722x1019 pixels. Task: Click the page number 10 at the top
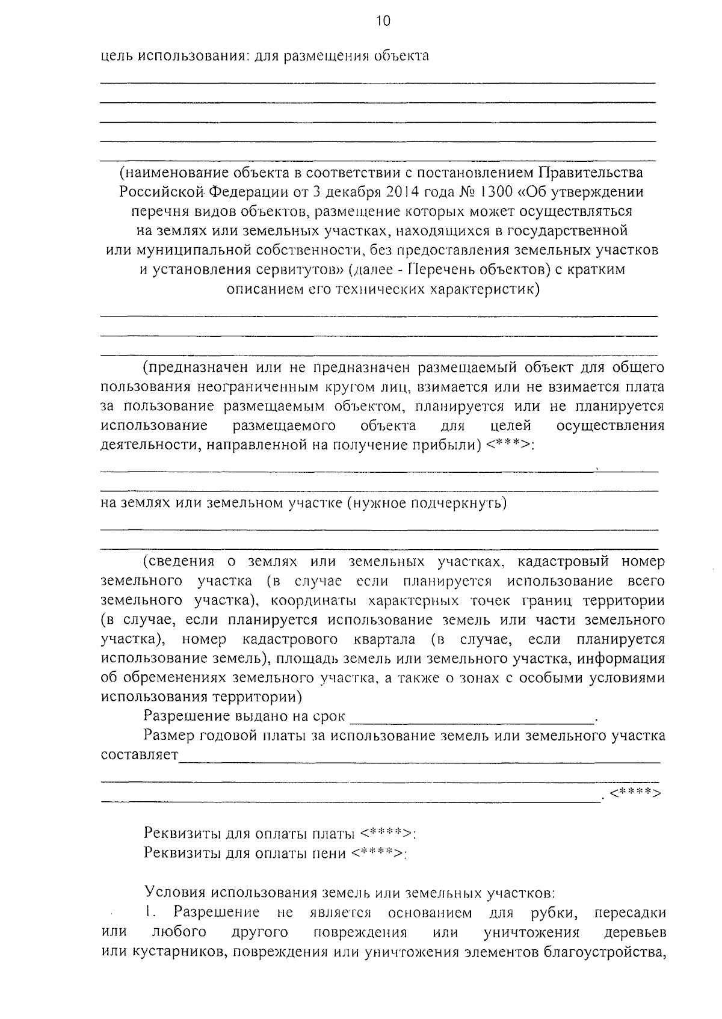[383, 22]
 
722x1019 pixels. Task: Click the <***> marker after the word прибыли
[508, 446]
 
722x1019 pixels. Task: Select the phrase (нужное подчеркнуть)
[427, 503]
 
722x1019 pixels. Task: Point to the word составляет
[140, 756]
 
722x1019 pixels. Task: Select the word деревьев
[635, 932]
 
